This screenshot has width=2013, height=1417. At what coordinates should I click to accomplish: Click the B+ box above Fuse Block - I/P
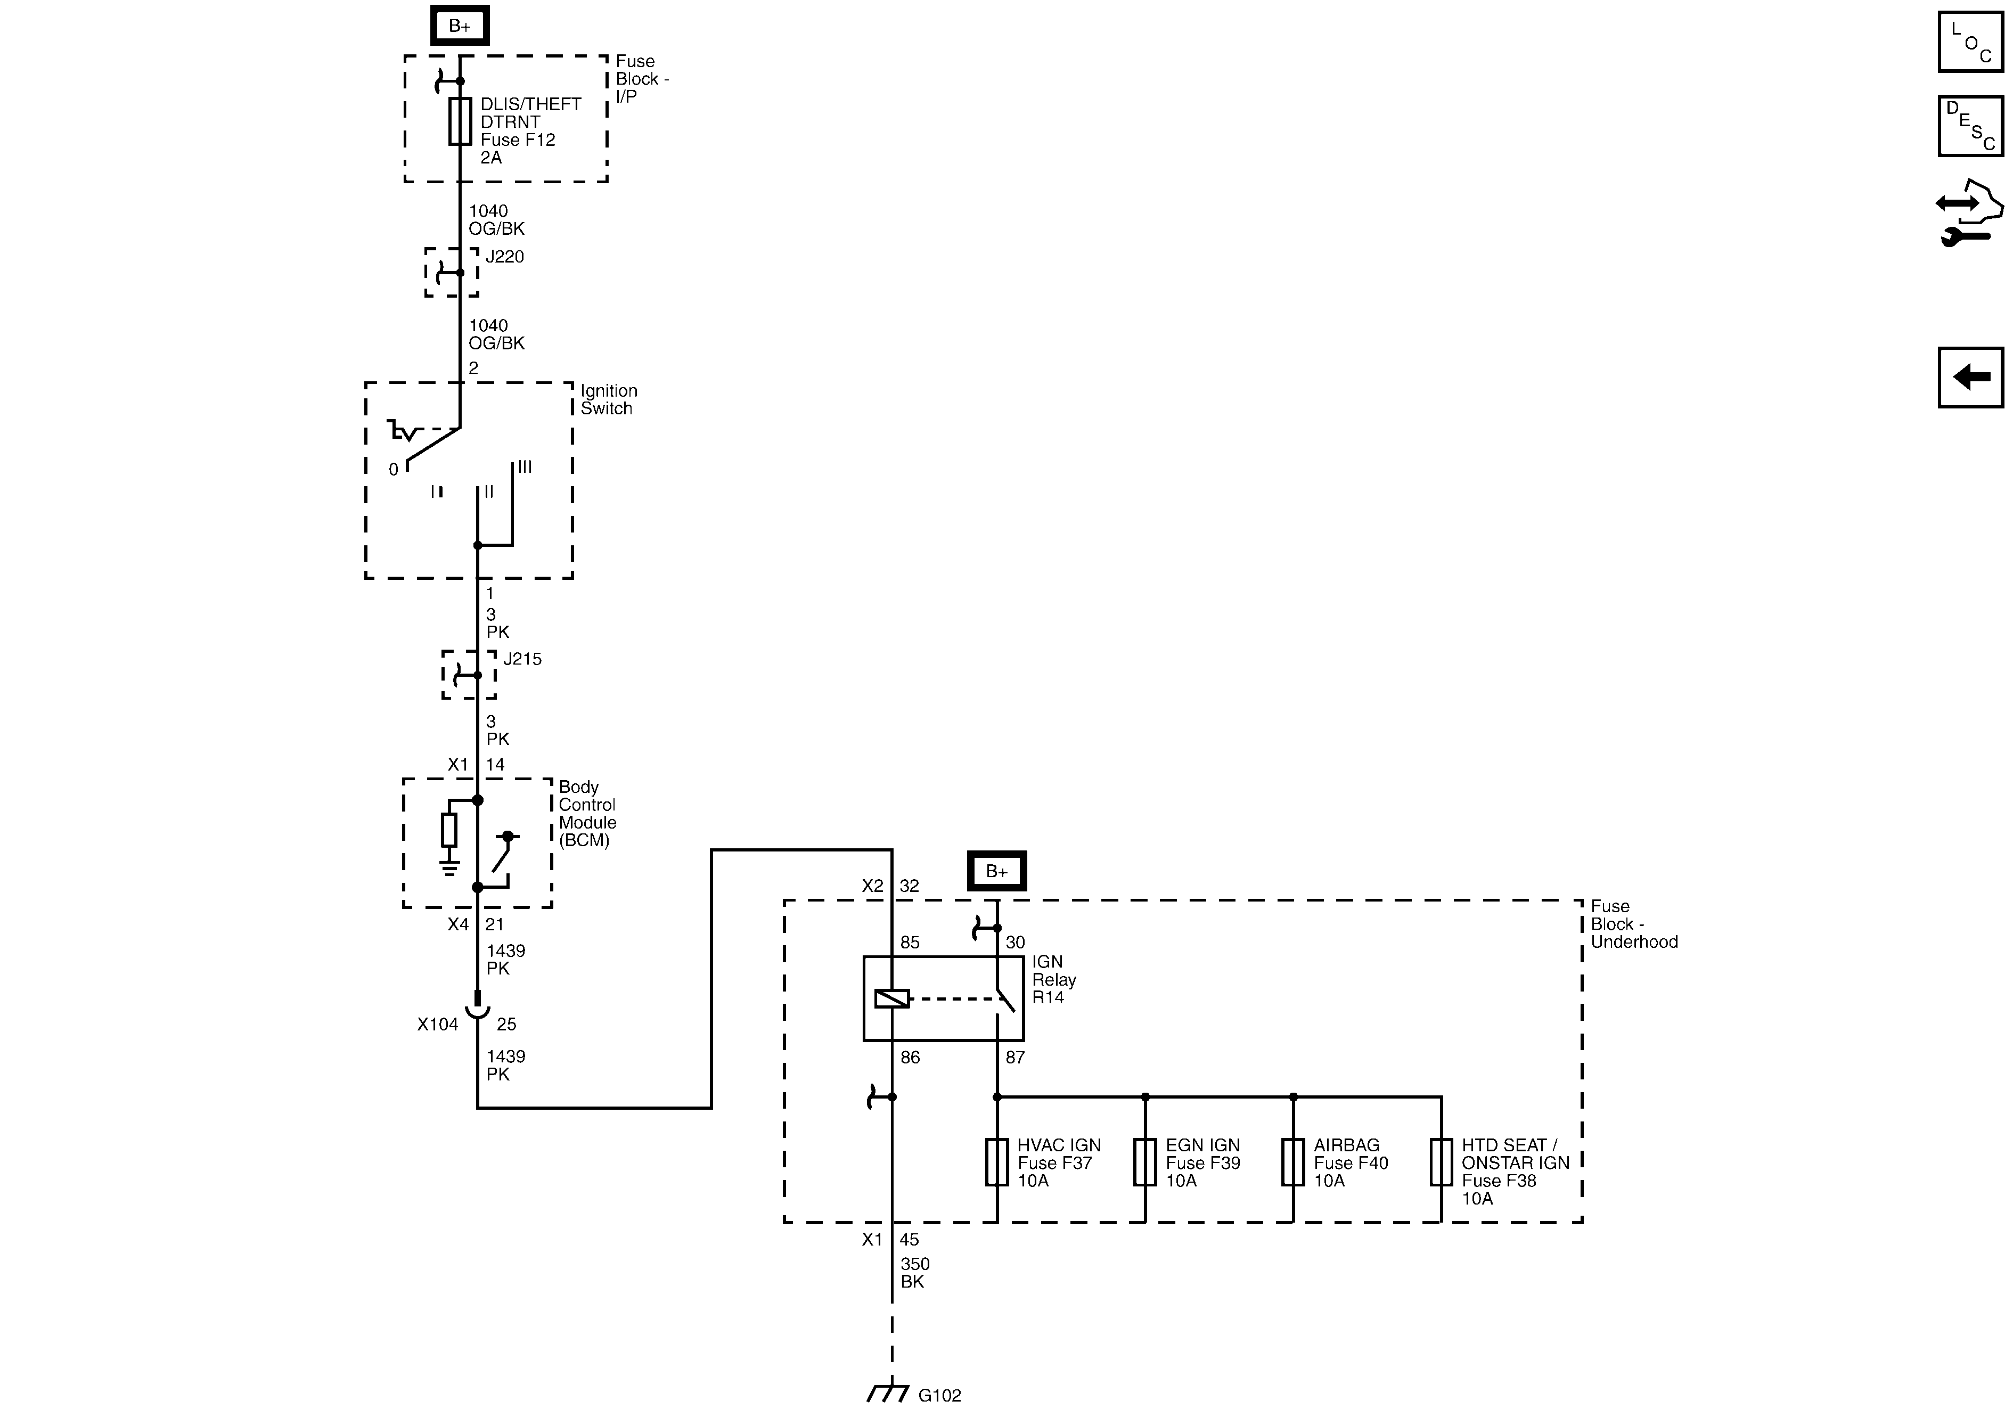pyautogui.click(x=460, y=26)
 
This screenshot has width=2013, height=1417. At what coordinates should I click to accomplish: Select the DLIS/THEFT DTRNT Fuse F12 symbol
pyautogui.click(x=460, y=121)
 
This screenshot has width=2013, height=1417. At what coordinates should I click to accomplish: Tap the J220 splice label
pyautogui.click(x=504, y=257)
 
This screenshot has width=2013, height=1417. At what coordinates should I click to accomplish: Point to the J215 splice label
pyautogui.click(x=522, y=659)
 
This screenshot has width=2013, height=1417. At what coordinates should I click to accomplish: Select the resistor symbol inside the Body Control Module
pyautogui.click(x=449, y=830)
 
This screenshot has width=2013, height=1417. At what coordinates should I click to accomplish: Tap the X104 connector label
pyautogui.click(x=438, y=1024)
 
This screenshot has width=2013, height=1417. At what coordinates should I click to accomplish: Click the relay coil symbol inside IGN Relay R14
pyautogui.click(x=891, y=998)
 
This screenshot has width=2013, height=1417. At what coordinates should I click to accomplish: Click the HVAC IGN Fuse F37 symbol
pyautogui.click(x=997, y=1162)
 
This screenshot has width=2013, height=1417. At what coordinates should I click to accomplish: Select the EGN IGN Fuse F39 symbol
pyautogui.click(x=1145, y=1162)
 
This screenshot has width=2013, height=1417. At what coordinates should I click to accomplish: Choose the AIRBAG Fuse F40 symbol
pyautogui.click(x=1293, y=1162)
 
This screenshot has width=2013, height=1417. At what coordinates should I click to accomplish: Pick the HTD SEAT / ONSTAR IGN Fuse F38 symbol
pyautogui.click(x=1442, y=1162)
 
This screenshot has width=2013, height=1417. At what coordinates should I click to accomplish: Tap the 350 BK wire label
pyautogui.click(x=914, y=1272)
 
